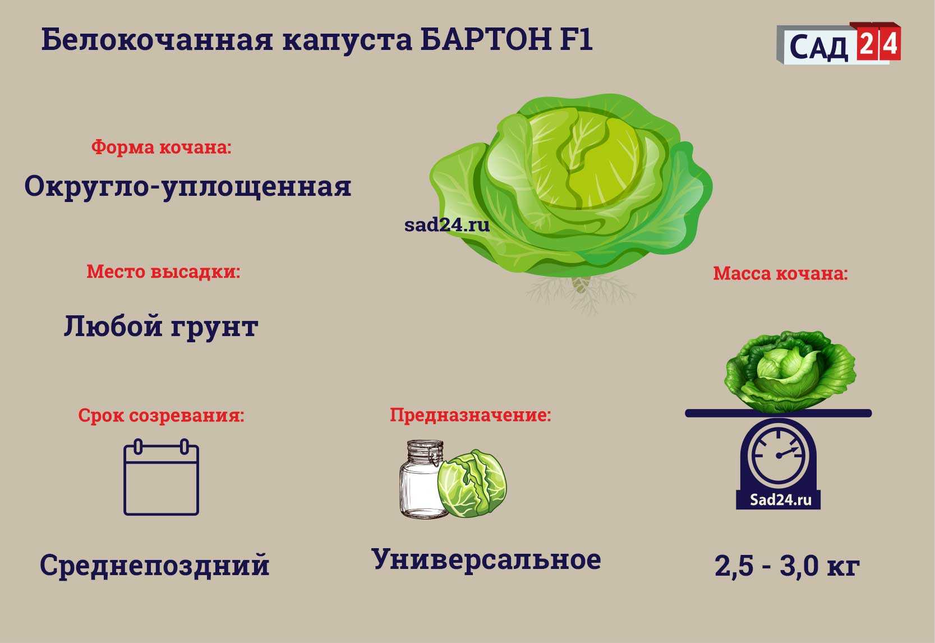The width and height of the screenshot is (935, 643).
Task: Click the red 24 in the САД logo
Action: [x=879, y=43]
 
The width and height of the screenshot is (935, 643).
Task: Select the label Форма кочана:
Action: [x=161, y=147]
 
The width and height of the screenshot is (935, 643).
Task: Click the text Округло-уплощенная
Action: [x=188, y=187]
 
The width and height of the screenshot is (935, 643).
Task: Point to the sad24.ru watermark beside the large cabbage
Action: [x=446, y=224]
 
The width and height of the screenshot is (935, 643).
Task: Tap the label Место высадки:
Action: [x=163, y=272]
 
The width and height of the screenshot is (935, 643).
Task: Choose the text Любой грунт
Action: [x=161, y=326]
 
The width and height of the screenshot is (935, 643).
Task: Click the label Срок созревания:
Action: [x=161, y=415]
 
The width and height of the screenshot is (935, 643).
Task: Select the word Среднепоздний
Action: [x=154, y=566]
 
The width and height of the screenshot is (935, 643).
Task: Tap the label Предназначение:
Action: [x=471, y=415]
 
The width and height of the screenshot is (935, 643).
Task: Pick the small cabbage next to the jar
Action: [x=472, y=484]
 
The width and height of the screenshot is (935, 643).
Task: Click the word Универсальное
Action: [x=486, y=559]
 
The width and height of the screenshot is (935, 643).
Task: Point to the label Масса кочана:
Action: [x=781, y=273]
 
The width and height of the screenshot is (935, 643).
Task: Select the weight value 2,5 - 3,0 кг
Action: [x=787, y=566]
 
